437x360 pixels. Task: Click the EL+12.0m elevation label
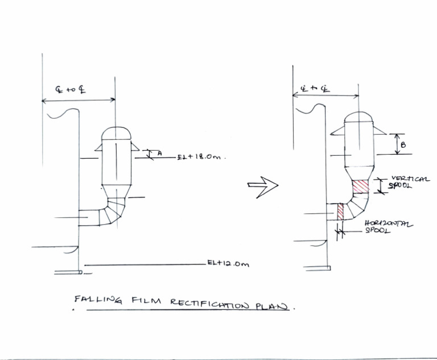[228, 264]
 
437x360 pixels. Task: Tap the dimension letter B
[403, 145]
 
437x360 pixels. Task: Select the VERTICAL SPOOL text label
[409, 183]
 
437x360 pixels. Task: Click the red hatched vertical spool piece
[361, 187]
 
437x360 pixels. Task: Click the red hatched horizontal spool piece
[341, 212]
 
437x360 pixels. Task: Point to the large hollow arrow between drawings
[263, 185]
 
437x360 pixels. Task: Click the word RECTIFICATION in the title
[209, 304]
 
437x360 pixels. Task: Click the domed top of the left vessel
[116, 132]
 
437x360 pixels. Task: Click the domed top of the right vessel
[359, 117]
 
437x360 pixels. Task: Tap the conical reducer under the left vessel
[116, 189]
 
